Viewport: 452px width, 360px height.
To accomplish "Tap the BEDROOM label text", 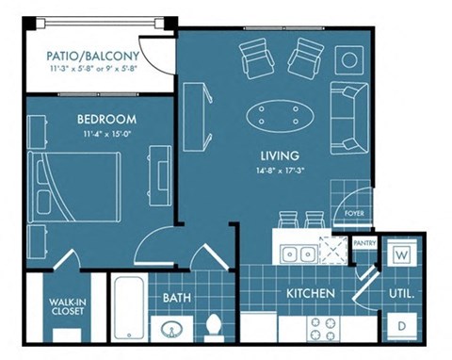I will click(x=105, y=120).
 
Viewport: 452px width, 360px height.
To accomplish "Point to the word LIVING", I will click(x=280, y=155).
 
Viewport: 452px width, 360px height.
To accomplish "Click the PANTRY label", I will click(x=364, y=242).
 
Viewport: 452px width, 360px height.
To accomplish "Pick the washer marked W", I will click(x=400, y=254).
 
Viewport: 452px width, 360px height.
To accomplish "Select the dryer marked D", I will click(x=401, y=325).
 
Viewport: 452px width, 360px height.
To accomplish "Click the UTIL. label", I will click(x=400, y=294).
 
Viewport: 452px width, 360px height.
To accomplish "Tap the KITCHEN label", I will click(x=311, y=294).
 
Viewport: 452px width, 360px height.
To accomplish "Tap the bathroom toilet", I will click(x=214, y=324).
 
